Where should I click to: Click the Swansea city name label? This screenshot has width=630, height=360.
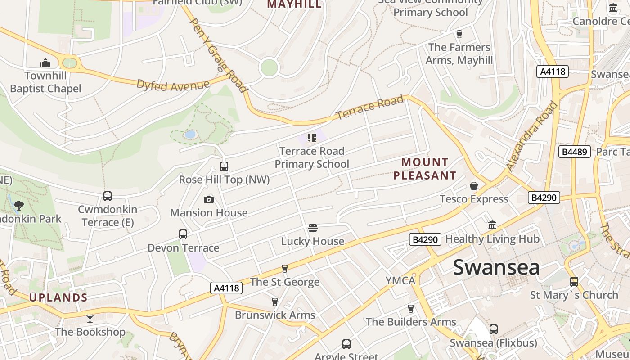coord(496,267)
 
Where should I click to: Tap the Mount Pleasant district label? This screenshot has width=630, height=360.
coord(425,169)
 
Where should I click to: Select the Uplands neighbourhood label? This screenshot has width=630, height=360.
coord(58,297)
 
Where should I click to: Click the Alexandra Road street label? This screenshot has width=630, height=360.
coord(532,136)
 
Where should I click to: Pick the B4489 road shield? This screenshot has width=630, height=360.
coord(574,152)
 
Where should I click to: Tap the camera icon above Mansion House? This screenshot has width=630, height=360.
coord(209,199)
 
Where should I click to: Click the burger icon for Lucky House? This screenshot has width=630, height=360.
coord(313,228)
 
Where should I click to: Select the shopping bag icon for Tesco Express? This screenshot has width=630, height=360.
coord(474,186)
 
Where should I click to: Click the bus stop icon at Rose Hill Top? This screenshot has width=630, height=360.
coord(224,166)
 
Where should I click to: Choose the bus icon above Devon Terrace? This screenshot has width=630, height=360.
coord(183,234)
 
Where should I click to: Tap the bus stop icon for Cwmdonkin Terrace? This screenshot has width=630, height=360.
coord(108,196)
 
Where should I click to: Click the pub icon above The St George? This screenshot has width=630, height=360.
coord(284,269)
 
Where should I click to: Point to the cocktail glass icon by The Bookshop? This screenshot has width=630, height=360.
coord(90,319)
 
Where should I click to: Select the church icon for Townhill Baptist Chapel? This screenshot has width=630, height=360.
coord(45,63)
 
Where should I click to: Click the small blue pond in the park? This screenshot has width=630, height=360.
coord(190,134)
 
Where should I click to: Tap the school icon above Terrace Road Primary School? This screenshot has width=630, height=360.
coord(312,138)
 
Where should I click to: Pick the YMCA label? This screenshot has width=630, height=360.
coord(400,281)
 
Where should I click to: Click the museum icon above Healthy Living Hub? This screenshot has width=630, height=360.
coord(492,225)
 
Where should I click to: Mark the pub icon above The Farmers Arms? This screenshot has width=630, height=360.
coord(459,34)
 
